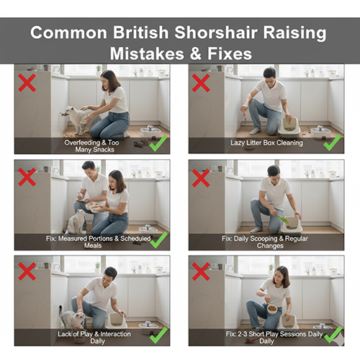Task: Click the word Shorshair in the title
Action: pyautogui.click(x=216, y=32)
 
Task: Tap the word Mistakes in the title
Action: pyautogui.click(x=147, y=54)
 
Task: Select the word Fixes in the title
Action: pyautogui.click(x=230, y=54)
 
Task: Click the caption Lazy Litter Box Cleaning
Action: pyautogui.click(x=266, y=143)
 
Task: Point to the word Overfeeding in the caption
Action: pyautogui.click(x=82, y=143)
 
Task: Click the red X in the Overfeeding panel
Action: pyautogui.click(x=27, y=83)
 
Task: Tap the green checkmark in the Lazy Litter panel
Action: pyautogui.click(x=333, y=143)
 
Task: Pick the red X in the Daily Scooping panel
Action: pyautogui.click(x=201, y=178)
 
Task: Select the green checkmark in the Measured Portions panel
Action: pyautogui.click(x=158, y=240)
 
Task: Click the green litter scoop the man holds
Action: pyautogui.click(x=283, y=219)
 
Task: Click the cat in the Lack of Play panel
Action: pyautogui.click(x=72, y=319)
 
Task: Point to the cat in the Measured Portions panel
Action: pyautogui.click(x=76, y=222)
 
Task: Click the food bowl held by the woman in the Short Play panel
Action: pyautogui.click(x=272, y=309)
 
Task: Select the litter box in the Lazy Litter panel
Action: pyautogui.click(x=289, y=127)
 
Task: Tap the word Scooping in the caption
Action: pyautogui.click(x=264, y=239)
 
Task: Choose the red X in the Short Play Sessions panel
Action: pyautogui.click(x=201, y=271)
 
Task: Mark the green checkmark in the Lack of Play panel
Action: pyautogui.click(x=158, y=335)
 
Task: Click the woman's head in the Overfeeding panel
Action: pyautogui.click(x=110, y=79)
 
